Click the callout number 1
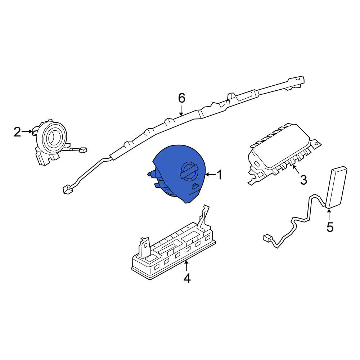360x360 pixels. tap(220, 175)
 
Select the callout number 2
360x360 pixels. tap(17, 132)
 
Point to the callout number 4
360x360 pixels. tap(187, 278)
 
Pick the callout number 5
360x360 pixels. tap(330, 227)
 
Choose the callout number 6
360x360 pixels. tap(181, 98)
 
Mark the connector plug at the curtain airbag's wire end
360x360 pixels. tap(68, 190)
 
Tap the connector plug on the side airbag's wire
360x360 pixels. tap(267, 238)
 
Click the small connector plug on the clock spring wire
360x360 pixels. tap(83, 150)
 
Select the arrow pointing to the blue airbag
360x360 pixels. tap(210, 175)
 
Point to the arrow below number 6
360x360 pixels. tap(181, 111)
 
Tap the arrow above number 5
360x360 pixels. tap(329, 214)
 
